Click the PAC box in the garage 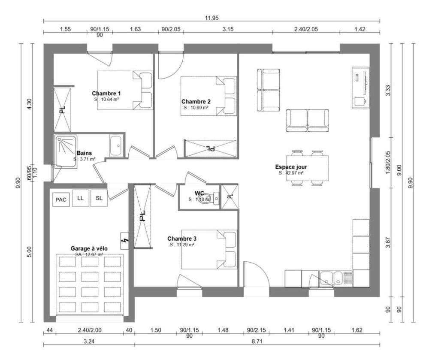pyautogui.click(x=61, y=200)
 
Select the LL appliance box pyautogui.click(x=81, y=198)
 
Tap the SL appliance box pyautogui.click(x=99, y=198)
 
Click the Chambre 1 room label pyautogui.click(x=106, y=93)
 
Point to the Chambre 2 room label pyautogui.click(x=196, y=102)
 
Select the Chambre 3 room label pyautogui.click(x=182, y=239)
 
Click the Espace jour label pyautogui.click(x=291, y=167)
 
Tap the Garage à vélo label pyautogui.click(x=89, y=249)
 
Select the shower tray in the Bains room pyautogui.click(x=65, y=151)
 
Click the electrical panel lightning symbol pyautogui.click(x=125, y=241)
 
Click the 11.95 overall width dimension pyautogui.click(x=212, y=18)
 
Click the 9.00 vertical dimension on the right pyautogui.click(x=399, y=170)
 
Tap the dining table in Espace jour pyautogui.click(x=308, y=168)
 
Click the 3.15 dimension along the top pyautogui.click(x=228, y=29)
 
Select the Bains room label pyautogui.click(x=84, y=153)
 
